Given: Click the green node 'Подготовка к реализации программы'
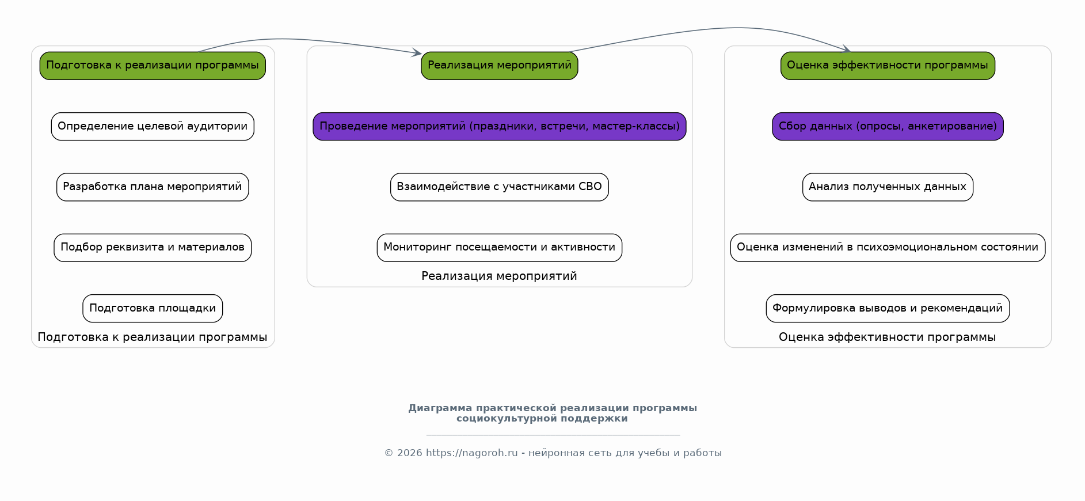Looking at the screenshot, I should [153, 66].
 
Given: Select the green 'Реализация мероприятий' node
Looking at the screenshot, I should [499, 66].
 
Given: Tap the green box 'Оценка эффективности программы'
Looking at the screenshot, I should [887, 66].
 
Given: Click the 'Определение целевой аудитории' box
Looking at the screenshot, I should [153, 126].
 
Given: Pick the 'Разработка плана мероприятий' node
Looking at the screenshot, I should [153, 187].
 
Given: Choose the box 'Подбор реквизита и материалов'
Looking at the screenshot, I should [153, 248].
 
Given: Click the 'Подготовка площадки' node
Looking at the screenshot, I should [153, 308].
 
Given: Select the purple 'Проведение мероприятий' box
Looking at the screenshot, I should [499, 126].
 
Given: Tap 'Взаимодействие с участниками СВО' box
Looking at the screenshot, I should [499, 187].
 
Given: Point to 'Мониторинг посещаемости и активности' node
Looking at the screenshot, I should [499, 248].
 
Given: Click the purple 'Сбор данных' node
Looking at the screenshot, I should [887, 126].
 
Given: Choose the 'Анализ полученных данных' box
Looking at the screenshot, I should [887, 187].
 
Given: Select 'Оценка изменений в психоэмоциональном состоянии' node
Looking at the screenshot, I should [887, 248].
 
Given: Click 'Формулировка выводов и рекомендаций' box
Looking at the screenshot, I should [887, 308].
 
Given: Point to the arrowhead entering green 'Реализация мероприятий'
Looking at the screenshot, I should [417, 54].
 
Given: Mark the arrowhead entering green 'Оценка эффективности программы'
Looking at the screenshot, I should [847, 50].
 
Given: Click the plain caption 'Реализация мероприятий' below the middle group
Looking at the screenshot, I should [499, 276].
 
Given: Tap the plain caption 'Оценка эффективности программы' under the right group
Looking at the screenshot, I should [887, 337].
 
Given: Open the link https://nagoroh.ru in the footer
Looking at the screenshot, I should [471, 453].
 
